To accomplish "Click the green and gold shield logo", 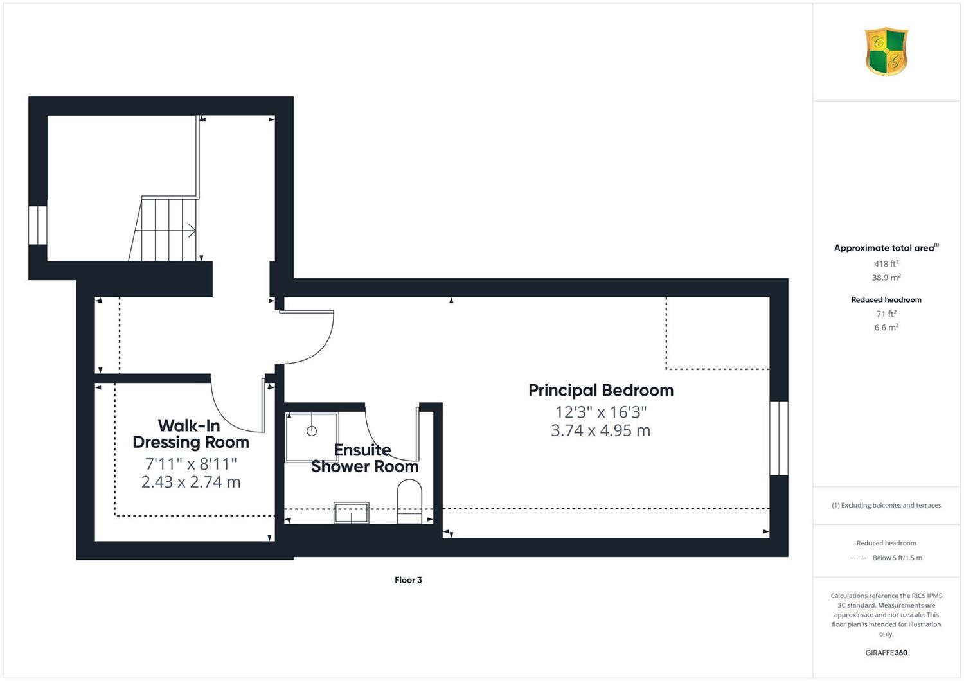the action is click(886, 51).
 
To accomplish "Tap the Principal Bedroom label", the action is click(601, 390).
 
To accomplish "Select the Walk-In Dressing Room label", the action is click(191, 434).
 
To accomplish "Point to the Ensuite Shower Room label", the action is click(364, 458).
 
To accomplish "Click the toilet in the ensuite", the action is click(409, 502).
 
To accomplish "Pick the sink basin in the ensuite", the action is click(351, 513).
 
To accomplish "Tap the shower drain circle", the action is click(312, 430).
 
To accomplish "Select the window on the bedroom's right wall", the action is click(779, 438).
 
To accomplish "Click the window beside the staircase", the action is click(38, 226).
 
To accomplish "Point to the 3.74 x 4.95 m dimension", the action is click(601, 430).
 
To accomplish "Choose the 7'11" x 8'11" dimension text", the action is click(191, 464).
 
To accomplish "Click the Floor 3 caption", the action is click(408, 580).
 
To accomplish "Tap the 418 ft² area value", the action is click(886, 263).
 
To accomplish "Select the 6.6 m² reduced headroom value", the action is click(886, 328).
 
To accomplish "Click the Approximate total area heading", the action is click(886, 247).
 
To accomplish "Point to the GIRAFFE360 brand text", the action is click(886, 653).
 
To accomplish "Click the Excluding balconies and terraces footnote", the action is click(886, 505).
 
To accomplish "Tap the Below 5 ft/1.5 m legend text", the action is click(897, 558).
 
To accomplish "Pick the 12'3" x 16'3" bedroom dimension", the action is click(601, 412).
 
